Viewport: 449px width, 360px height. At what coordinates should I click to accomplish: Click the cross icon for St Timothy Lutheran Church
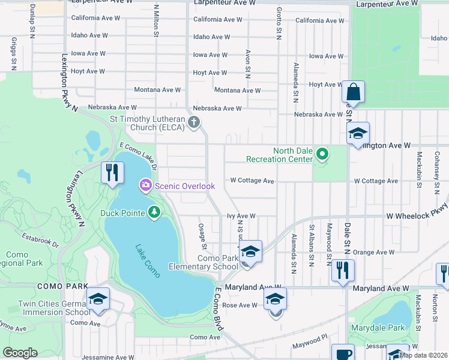193,123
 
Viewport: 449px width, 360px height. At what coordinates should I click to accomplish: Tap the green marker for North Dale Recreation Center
322,155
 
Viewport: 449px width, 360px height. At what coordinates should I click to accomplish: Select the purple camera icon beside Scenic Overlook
145,186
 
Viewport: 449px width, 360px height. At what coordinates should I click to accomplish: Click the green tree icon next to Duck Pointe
155,212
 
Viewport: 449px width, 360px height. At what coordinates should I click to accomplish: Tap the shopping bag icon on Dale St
353,93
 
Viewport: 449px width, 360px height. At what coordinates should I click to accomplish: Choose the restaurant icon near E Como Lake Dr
112,173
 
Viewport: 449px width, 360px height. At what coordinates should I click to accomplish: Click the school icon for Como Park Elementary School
250,251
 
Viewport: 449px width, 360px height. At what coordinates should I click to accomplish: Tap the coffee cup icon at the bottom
343,353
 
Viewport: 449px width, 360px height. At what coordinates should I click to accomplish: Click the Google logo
20,353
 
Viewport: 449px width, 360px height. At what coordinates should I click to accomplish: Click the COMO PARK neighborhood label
62,287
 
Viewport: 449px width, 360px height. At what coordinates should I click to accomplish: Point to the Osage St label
203,238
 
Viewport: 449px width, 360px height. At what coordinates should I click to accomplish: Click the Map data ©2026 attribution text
423,355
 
